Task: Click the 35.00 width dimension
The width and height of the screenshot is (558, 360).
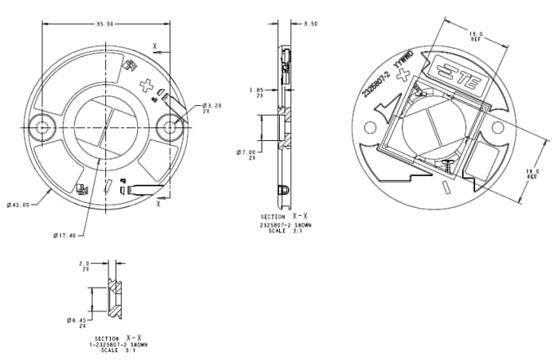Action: click(104, 25)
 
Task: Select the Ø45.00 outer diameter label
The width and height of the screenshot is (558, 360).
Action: click(18, 205)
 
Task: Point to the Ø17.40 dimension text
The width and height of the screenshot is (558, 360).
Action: click(65, 235)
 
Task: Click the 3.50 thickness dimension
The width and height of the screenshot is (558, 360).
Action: click(311, 25)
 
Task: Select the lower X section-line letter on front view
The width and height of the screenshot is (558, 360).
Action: click(159, 204)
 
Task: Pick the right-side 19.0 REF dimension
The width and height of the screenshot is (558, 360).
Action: click(532, 174)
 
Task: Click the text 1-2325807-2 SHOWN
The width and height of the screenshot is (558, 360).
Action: click(118, 345)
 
